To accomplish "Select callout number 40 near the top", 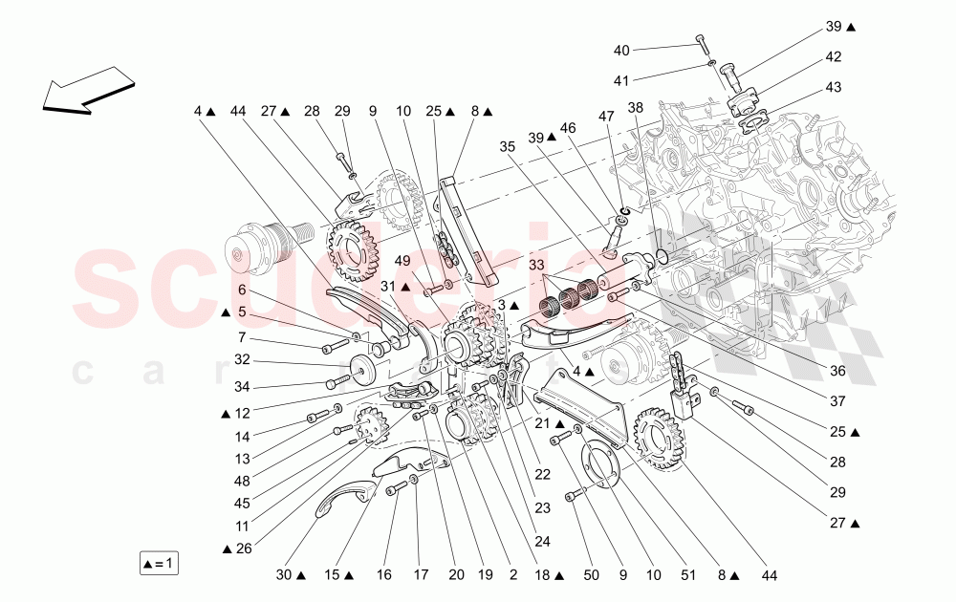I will click(621, 50).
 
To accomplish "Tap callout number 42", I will click(834, 56).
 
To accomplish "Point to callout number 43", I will click(834, 88).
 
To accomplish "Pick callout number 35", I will click(507, 147).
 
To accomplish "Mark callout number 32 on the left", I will click(242, 360).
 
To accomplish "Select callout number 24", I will click(543, 540).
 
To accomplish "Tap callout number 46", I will click(568, 127).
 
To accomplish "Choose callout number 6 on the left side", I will click(242, 290).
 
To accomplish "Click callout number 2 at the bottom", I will click(512, 575).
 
